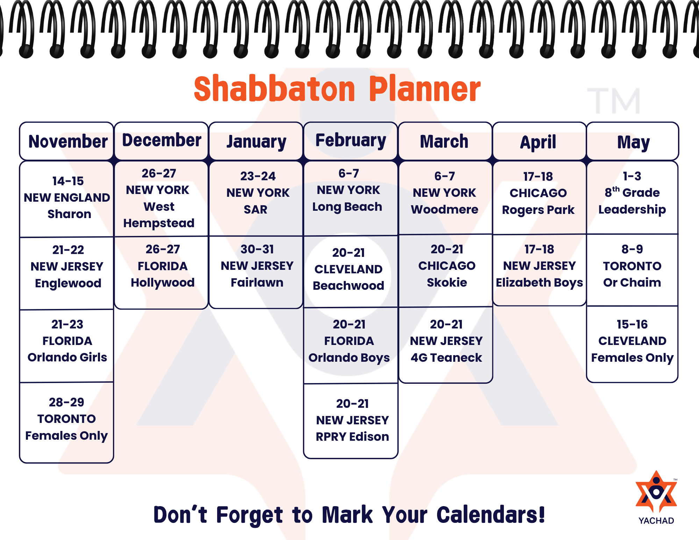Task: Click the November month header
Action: (x=66, y=141)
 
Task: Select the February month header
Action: (x=351, y=141)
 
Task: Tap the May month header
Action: (x=633, y=141)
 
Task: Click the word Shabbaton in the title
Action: (x=274, y=89)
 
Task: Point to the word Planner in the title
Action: (x=425, y=89)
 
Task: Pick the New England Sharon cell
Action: (x=66, y=199)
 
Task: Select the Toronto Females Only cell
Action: (x=66, y=422)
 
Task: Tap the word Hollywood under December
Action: (x=163, y=283)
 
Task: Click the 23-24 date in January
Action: (x=258, y=176)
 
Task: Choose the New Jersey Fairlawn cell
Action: (x=256, y=272)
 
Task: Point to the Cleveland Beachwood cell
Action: (x=351, y=272)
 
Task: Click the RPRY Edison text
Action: (x=352, y=437)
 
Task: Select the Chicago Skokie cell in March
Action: (x=446, y=271)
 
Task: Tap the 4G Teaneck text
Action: (x=446, y=358)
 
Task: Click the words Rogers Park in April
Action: (x=538, y=210)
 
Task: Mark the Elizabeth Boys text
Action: (x=540, y=283)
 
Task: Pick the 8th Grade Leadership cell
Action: (x=632, y=197)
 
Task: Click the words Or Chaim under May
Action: (x=632, y=282)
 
